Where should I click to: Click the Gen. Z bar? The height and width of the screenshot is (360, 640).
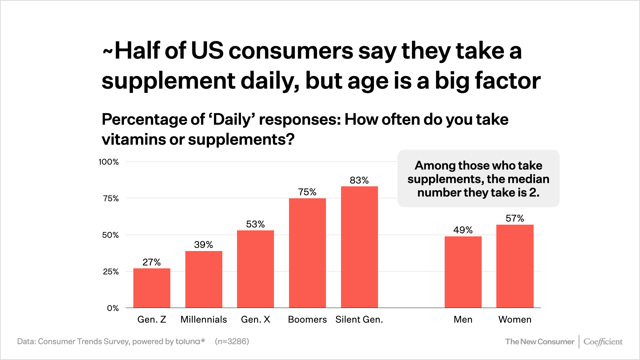152,288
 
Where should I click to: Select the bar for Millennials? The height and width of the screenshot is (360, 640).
204,279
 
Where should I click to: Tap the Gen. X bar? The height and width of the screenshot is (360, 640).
255,269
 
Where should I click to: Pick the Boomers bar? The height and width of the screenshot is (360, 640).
307,253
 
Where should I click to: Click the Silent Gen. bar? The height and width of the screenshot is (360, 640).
359,247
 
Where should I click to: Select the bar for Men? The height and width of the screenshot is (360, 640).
463,272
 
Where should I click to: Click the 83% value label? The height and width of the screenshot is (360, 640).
359,180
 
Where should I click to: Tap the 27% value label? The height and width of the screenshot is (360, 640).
152,262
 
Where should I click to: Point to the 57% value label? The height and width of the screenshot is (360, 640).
515,218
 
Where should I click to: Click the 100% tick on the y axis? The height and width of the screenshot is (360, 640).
109,162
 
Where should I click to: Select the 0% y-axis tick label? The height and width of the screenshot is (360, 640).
113,308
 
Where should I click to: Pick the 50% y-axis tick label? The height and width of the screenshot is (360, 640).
110,235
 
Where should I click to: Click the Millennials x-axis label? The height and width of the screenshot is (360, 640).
204,319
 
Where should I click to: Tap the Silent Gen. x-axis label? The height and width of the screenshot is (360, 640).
359,319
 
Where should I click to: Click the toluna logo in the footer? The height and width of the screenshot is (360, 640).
190,341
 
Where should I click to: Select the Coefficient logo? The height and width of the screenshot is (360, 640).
603,342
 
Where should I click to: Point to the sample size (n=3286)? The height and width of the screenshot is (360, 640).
232,341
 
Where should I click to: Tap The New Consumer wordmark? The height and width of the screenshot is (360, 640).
540,342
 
